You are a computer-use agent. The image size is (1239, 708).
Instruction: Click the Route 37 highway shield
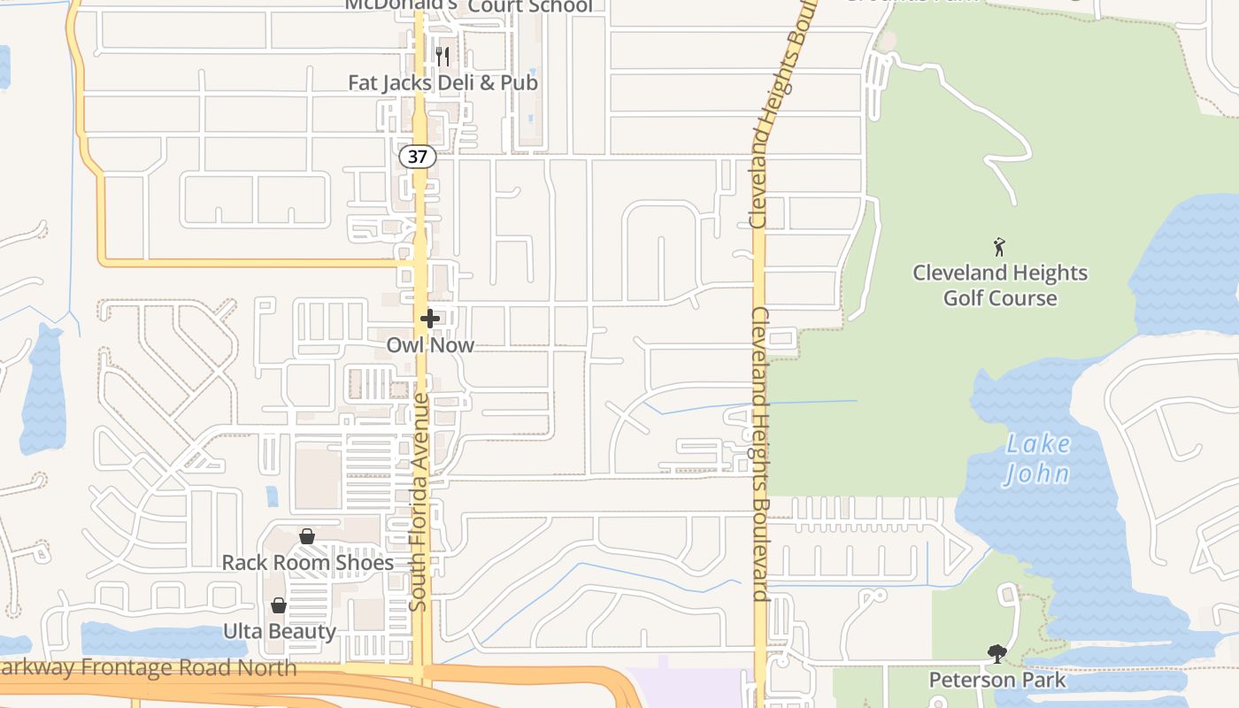pos(418,157)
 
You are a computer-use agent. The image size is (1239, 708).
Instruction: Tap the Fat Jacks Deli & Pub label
pos(442,83)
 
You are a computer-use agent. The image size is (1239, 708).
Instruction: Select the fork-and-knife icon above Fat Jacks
pos(442,57)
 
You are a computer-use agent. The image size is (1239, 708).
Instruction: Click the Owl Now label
pos(430,345)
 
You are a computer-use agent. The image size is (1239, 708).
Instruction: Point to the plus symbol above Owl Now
pos(430,319)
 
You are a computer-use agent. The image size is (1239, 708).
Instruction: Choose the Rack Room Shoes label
pos(307,563)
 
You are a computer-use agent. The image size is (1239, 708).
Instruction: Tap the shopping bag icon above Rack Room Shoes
pos(307,536)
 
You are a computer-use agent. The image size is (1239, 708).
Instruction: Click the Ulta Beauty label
pos(279,632)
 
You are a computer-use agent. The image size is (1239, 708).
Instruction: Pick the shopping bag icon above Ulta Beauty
pos(279,605)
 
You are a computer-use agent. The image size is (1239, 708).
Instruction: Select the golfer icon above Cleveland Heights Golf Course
pos(1000,247)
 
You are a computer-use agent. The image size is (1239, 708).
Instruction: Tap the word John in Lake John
pos(1037,474)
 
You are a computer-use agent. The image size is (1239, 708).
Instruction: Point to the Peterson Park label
pos(997,681)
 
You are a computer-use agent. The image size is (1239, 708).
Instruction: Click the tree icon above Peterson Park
pos(997,654)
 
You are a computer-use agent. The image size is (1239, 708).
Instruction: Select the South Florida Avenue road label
pos(420,502)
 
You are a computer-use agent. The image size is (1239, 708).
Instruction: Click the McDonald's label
pos(401,4)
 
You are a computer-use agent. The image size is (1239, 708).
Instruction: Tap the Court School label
pos(530,6)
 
